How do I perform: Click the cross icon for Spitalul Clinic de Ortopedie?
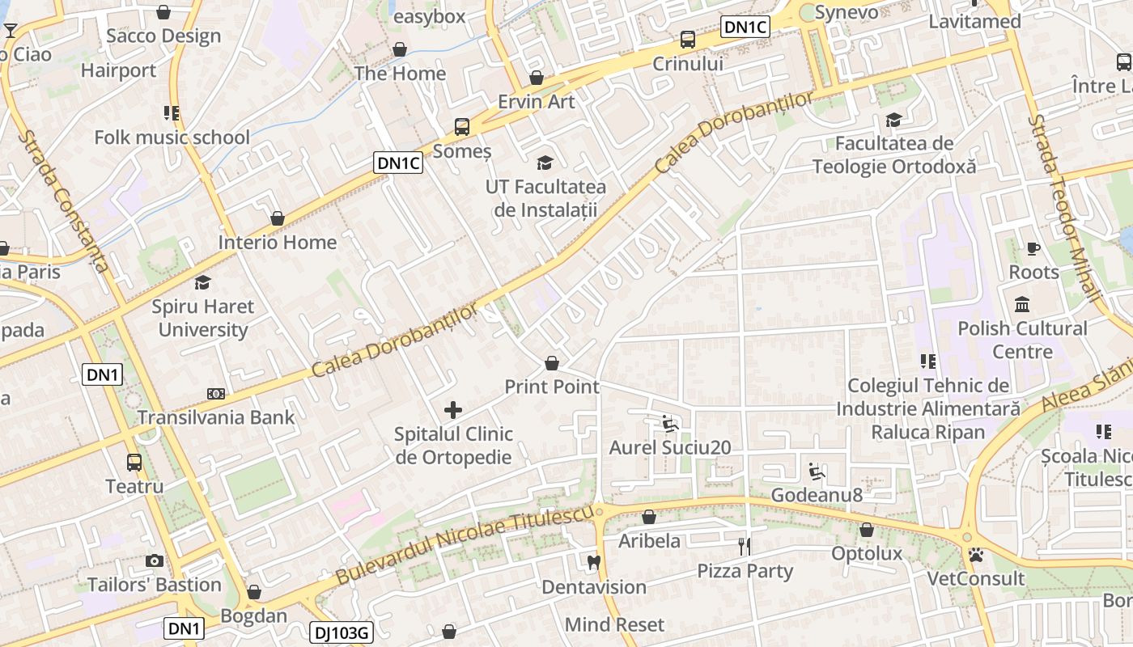pyautogui.click(x=453, y=410)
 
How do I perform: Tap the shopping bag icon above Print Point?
pyautogui.click(x=552, y=363)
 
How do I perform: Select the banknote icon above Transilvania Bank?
pyautogui.click(x=215, y=394)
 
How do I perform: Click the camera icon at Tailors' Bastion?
pyautogui.click(x=154, y=560)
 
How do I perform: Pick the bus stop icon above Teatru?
pyautogui.click(x=134, y=463)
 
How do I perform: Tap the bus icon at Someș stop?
pyautogui.click(x=462, y=127)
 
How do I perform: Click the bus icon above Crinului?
pyautogui.click(x=687, y=39)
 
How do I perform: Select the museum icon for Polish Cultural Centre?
pyautogui.click(x=1022, y=305)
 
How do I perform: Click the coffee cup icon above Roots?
pyautogui.click(x=1033, y=248)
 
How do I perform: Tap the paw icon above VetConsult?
pyautogui.click(x=976, y=555)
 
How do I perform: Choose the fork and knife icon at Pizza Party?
pyautogui.click(x=745, y=547)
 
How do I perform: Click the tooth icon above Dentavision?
pyautogui.click(x=593, y=562)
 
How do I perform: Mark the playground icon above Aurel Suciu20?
pyautogui.click(x=669, y=423)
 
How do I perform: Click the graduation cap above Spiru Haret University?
pyautogui.click(x=202, y=282)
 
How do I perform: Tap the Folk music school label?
pyautogui.click(x=172, y=137)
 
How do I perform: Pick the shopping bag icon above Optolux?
pyautogui.click(x=867, y=530)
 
